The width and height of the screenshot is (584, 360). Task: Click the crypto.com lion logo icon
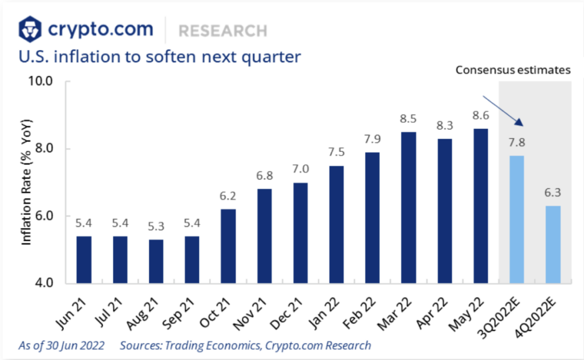30,29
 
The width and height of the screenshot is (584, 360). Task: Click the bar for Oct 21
228,246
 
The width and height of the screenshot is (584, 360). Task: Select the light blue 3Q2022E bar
517,220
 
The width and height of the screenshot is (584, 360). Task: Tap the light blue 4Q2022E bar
553,245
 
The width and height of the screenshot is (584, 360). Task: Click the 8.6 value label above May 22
480,116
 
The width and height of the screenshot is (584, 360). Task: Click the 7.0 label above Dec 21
300,169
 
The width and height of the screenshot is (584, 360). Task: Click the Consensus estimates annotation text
513,70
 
